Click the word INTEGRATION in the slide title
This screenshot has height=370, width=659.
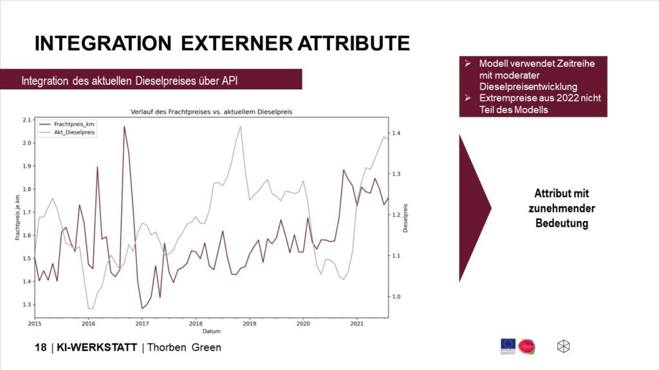(x=103, y=43)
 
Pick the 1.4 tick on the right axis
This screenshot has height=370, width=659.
(x=398, y=133)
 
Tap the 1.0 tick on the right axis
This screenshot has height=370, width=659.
(x=398, y=297)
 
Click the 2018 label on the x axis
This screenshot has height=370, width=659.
(x=196, y=324)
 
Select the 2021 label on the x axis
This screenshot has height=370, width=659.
(x=357, y=324)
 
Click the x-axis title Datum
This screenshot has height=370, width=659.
(x=211, y=331)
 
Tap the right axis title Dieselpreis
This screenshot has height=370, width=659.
(x=406, y=218)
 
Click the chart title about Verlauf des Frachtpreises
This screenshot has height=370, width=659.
(x=211, y=112)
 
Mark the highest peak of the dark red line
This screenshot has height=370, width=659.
(x=124, y=127)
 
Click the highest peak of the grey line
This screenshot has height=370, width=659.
(x=241, y=126)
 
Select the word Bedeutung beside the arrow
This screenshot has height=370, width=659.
(x=562, y=223)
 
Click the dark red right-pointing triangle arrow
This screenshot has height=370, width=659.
(x=472, y=207)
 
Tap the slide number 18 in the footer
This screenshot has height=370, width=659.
(x=41, y=348)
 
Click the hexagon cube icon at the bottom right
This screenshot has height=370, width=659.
(x=563, y=346)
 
